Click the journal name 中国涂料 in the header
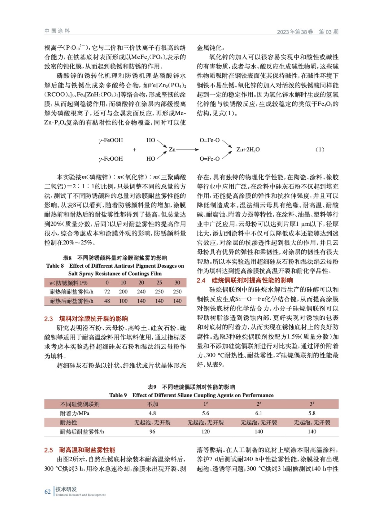point(57,31)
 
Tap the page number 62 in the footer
point(47,491)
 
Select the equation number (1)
point(319,149)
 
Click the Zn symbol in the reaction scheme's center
point(172,149)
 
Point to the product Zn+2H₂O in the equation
point(248,149)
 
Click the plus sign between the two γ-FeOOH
point(135,150)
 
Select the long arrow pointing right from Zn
point(187,149)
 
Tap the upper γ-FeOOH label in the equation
point(111,140)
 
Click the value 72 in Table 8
point(107,292)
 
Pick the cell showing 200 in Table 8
point(123,292)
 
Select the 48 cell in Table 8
point(107,301)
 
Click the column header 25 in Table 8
point(159,283)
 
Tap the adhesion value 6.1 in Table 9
point(259,413)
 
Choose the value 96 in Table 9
point(152,432)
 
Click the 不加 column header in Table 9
point(152,404)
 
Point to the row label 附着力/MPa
point(75,413)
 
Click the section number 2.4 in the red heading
point(201,280)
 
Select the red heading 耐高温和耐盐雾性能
point(87,450)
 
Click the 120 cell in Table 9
point(206,432)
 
